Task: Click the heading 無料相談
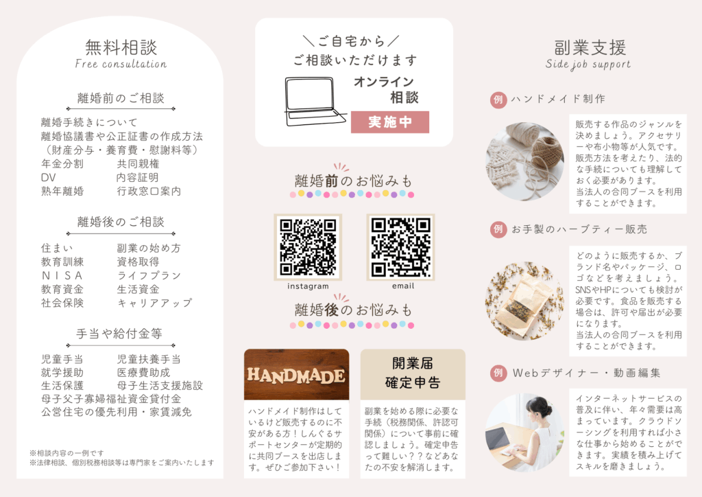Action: pos(121,47)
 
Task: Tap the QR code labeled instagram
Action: pos(308,246)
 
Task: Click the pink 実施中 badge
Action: pos(390,122)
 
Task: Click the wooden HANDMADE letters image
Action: pos(296,375)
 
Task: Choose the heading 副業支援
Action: pos(590,47)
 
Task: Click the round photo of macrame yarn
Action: pos(524,161)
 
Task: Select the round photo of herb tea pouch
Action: pos(524,301)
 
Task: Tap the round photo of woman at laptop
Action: pos(524,432)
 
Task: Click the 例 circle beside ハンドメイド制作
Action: pos(498,99)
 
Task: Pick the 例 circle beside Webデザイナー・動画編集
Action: pos(498,373)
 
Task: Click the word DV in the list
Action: pos(48,178)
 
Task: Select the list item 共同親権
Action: pos(138,164)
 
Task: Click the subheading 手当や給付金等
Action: pos(121,334)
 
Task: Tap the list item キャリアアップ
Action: pos(154,303)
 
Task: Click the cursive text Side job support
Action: pos(588,65)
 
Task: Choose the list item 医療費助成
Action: pos(144,372)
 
